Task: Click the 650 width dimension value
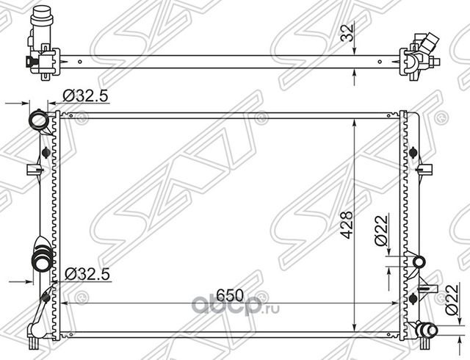(x=229, y=295)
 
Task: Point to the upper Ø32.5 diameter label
(x=87, y=95)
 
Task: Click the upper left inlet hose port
(x=36, y=120)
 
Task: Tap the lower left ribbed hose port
(x=39, y=260)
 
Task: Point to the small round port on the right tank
(x=419, y=261)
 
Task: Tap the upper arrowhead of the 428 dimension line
(x=355, y=118)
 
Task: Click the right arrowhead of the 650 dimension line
(x=397, y=302)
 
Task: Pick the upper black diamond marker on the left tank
(x=48, y=152)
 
